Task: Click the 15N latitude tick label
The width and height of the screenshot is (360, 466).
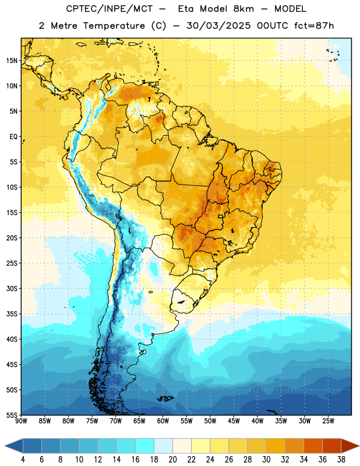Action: point(12,61)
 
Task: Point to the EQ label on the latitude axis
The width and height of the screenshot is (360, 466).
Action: point(13,137)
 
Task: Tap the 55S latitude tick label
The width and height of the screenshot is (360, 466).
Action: point(12,415)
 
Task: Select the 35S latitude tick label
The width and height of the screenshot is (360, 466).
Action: point(12,314)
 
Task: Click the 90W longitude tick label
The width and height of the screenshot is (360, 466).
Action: point(21,421)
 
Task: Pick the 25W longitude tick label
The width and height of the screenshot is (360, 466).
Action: point(328,421)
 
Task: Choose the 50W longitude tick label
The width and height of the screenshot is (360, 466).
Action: point(210,421)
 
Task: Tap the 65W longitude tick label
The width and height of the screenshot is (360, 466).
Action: point(139,421)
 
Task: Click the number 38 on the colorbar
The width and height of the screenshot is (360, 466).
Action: point(341,460)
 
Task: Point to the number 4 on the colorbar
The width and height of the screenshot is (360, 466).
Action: point(23,460)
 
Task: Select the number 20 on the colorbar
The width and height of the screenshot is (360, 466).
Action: point(172,460)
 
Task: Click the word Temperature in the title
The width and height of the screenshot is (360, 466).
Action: point(114,26)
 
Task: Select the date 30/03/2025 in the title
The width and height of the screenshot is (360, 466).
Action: point(218,26)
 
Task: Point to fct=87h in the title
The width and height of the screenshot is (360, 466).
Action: point(314,26)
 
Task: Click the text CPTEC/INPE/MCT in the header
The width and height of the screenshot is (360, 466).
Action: point(110,9)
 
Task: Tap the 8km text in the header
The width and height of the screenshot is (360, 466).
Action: point(243,9)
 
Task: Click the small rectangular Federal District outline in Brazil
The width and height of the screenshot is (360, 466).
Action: point(221,216)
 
